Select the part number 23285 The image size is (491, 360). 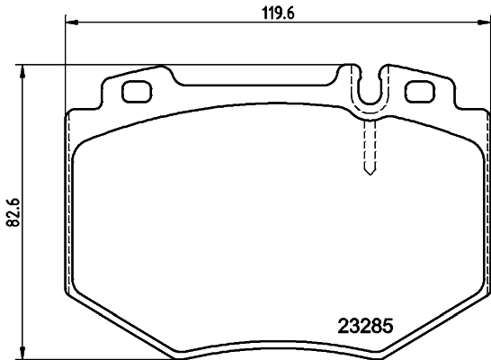click(x=366, y=327)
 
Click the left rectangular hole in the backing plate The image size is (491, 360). click(x=136, y=92)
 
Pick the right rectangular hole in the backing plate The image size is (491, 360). click(x=419, y=92)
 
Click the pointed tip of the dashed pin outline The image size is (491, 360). click(x=368, y=174)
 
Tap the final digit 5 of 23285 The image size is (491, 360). click(x=391, y=327)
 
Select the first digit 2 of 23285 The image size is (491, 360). click(x=341, y=327)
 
